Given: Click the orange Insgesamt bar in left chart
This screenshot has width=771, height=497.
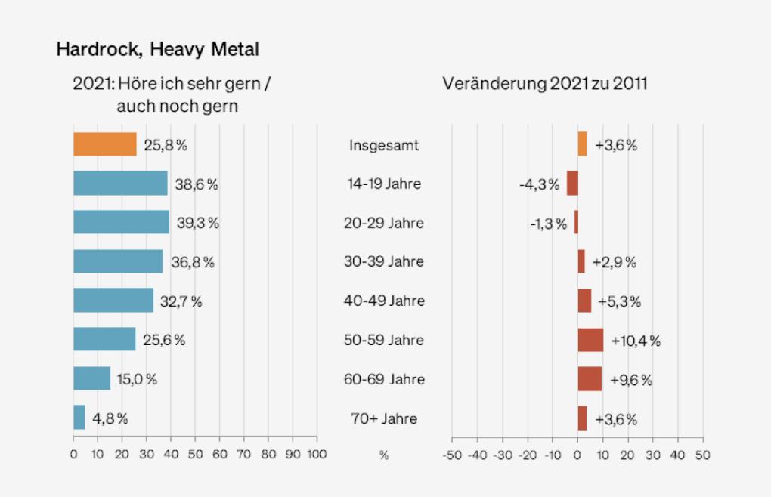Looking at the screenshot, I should click(x=104, y=144).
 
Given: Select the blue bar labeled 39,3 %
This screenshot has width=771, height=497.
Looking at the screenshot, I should click(x=121, y=222).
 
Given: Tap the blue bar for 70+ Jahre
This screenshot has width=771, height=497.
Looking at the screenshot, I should click(x=79, y=418).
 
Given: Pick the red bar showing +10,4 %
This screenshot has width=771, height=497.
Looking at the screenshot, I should click(x=590, y=340).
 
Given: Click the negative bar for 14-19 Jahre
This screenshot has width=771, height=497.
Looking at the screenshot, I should click(x=572, y=184).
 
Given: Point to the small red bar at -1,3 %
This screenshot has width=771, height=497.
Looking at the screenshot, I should click(x=576, y=222).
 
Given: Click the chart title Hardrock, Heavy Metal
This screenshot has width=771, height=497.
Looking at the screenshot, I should click(x=157, y=50).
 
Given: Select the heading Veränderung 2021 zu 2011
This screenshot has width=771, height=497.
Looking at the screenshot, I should click(x=544, y=84).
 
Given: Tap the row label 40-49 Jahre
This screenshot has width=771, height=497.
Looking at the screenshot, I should click(x=384, y=301).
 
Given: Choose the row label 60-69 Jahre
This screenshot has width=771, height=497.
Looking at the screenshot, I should click(x=384, y=379).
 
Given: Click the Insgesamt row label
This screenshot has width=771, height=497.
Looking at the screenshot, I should click(x=384, y=144).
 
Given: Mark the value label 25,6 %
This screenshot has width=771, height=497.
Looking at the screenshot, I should click(x=164, y=340).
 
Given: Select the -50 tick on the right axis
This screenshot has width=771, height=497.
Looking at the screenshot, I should click(x=451, y=455).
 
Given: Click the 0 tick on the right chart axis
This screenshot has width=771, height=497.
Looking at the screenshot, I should click(x=577, y=455).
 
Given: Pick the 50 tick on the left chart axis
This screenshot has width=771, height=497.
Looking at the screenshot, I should click(x=195, y=455).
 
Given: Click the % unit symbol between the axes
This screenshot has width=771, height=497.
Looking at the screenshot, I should click(x=384, y=455).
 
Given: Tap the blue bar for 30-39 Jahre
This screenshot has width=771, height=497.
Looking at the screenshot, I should click(x=118, y=261).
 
